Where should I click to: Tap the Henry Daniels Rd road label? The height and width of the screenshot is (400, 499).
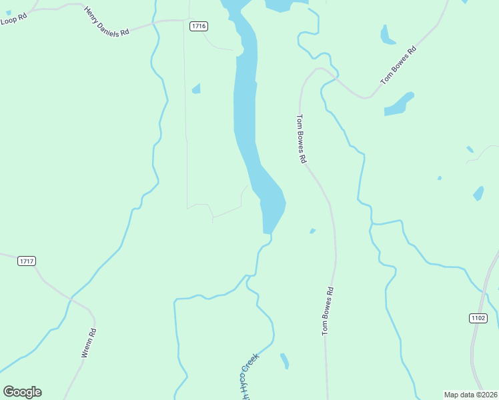(x=106, y=22)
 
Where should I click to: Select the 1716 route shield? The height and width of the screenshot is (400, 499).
(x=198, y=26)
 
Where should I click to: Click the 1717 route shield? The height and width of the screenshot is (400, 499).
(x=27, y=261)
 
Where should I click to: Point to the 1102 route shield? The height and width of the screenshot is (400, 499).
(x=478, y=318)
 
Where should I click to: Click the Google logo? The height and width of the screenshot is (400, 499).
(x=22, y=392)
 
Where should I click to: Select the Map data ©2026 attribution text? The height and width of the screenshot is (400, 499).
(x=471, y=395)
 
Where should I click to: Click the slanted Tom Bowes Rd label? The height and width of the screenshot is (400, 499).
(x=398, y=65)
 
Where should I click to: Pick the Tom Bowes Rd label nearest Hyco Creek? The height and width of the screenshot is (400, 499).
(x=328, y=311)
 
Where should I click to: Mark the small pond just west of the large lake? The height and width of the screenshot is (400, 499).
(x=196, y=89)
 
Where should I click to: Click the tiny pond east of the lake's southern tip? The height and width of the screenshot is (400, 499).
(x=312, y=231)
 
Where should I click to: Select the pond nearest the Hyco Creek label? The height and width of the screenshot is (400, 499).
(x=285, y=361)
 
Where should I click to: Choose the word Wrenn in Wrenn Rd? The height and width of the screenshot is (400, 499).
(x=86, y=348)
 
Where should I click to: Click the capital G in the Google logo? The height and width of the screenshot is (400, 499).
(x=9, y=392)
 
